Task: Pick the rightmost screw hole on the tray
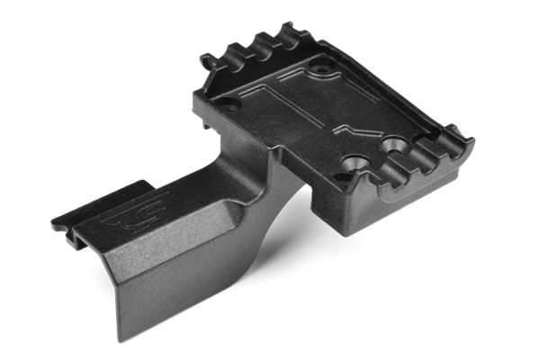(x=393, y=143)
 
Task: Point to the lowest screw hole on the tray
(x=355, y=164)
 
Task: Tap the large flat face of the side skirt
(x=171, y=288)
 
